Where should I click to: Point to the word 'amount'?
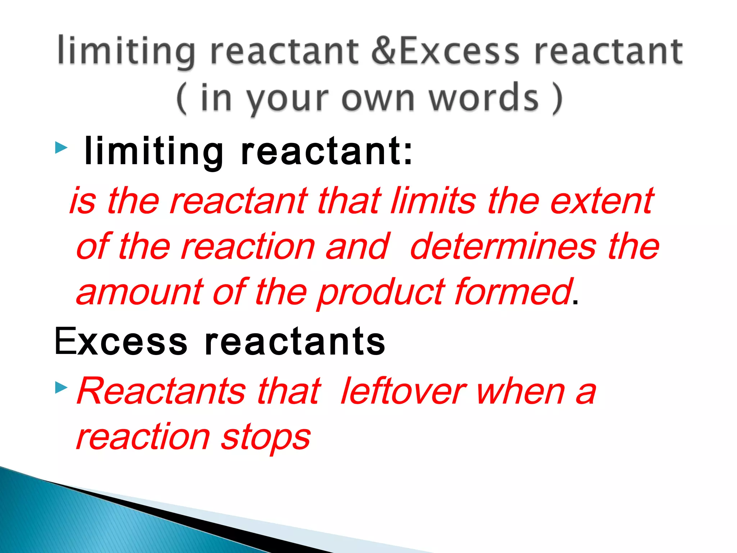point(140,292)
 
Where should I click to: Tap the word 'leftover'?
point(403,392)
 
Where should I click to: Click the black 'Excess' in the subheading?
point(121,341)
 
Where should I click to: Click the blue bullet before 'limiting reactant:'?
point(61,148)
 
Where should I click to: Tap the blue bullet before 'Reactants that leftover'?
point(61,388)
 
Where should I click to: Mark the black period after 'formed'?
point(575,302)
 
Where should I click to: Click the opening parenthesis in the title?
point(182,98)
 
